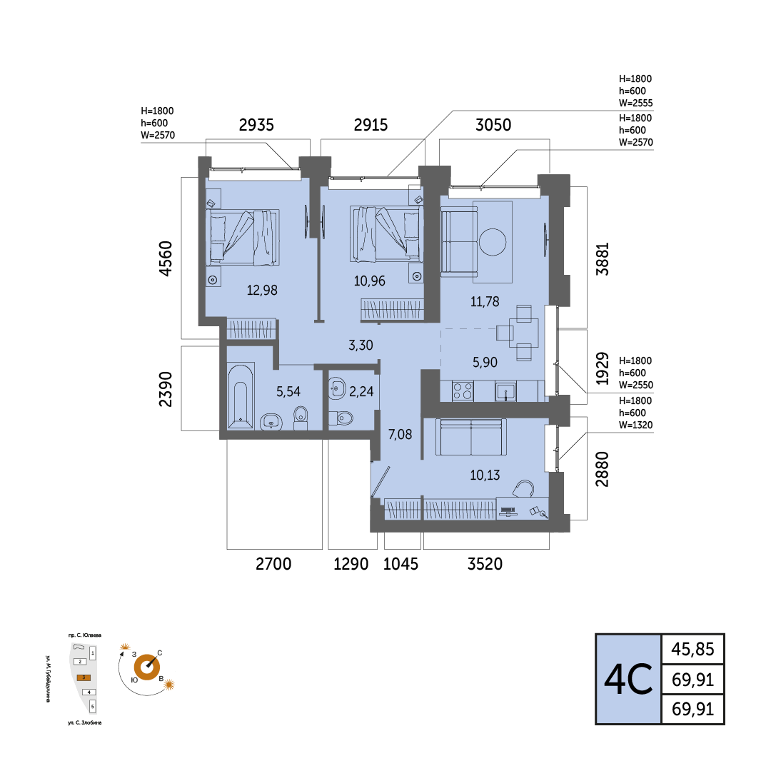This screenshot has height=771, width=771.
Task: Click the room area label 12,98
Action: point(262,290)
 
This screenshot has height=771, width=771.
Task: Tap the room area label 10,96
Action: point(369,281)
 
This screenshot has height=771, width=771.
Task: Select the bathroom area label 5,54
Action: point(288,391)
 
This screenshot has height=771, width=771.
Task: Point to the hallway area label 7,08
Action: point(400,434)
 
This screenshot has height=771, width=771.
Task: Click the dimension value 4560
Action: point(166,258)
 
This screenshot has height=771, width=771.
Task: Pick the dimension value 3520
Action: point(485,563)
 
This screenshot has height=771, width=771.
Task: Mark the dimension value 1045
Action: point(400,563)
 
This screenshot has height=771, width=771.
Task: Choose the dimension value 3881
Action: point(603,258)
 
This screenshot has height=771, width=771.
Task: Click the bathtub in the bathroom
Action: point(241,396)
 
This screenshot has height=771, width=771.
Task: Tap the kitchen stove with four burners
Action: point(463,391)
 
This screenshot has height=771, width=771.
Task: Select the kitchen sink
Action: point(505,392)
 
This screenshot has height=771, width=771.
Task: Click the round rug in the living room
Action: point(493,242)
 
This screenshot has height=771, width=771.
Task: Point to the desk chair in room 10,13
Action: point(524,489)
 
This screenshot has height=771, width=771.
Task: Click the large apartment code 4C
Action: point(628,679)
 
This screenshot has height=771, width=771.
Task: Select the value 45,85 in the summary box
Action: point(692,649)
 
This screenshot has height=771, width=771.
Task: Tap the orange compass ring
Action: point(147,667)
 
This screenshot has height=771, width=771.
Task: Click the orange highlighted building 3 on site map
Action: point(84,677)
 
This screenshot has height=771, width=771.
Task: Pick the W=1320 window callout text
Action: point(636,425)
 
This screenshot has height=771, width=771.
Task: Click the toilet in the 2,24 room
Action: point(341,418)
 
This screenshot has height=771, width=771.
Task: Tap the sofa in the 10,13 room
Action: point(471,437)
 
